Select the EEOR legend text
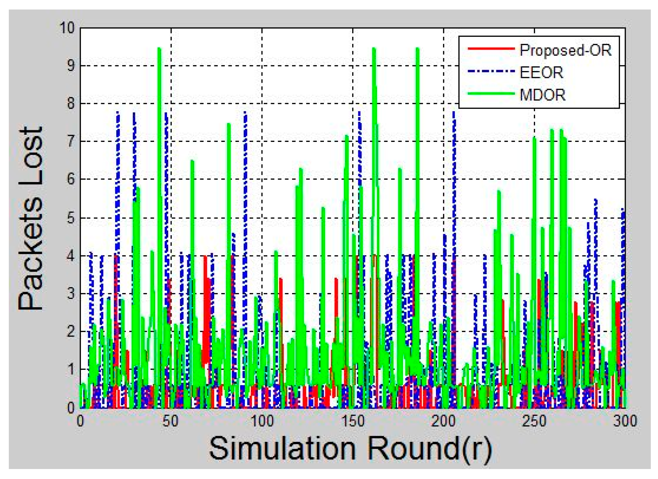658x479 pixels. [541, 73]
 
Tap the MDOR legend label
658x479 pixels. [542, 95]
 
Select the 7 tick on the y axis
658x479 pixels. [71, 142]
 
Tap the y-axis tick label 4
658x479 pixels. [71, 256]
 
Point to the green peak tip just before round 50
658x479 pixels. [159, 49]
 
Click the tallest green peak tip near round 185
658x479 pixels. [417, 49]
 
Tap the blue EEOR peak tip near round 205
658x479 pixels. [454, 112]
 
